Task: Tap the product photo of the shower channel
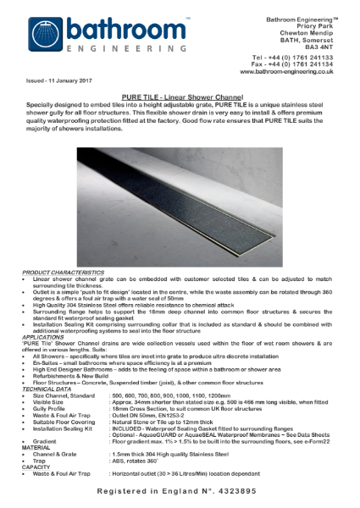180,207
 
